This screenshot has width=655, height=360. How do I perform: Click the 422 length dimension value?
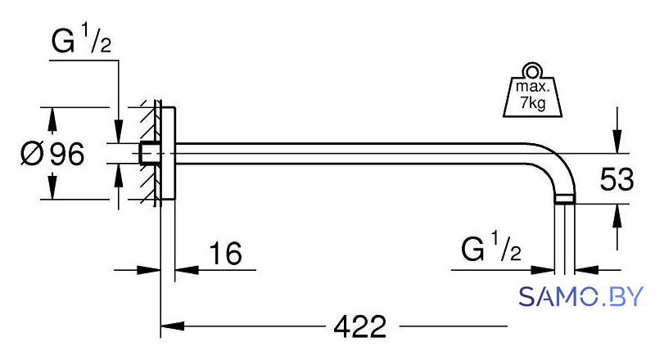point(360,326)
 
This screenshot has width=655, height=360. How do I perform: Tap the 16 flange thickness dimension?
point(226,253)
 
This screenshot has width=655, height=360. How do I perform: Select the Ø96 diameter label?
point(52,153)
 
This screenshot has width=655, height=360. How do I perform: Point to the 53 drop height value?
point(617,179)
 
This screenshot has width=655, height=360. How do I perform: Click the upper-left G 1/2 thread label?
point(81,38)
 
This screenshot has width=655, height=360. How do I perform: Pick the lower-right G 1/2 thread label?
point(491,247)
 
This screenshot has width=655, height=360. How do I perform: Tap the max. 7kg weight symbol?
point(532,90)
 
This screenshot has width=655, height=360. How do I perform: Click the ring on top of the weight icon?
point(532,71)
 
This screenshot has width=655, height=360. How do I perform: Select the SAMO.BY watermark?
point(581,296)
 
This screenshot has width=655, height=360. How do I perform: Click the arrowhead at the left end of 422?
point(173,326)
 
